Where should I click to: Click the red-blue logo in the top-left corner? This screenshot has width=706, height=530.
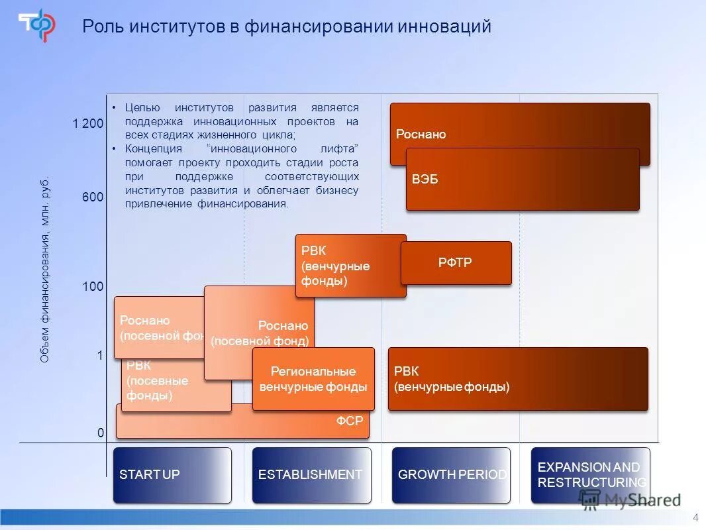click(36, 25)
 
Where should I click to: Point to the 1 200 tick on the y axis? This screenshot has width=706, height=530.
click(88, 124)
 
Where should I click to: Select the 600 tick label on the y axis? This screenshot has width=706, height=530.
click(93, 197)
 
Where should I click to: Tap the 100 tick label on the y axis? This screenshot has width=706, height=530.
click(93, 287)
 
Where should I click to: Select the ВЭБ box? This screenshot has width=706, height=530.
click(522, 180)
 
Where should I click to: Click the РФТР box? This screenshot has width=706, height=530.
click(456, 263)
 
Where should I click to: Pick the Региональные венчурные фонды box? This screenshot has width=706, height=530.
click(313, 379)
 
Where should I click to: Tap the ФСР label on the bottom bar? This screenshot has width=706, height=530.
click(350, 420)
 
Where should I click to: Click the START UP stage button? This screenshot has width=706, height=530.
click(172, 474)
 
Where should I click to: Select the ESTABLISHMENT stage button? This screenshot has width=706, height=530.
click(311, 474)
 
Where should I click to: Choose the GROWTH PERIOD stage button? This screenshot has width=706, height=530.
click(451, 474)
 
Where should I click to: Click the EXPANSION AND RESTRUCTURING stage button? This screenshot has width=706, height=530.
click(590, 474)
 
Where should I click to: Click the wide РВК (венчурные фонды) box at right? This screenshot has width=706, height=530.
click(517, 379)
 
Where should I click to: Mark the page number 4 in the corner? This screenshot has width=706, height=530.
click(695, 517)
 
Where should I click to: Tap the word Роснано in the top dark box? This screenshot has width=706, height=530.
click(421, 134)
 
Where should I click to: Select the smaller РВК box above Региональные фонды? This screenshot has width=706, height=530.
click(350, 265)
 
